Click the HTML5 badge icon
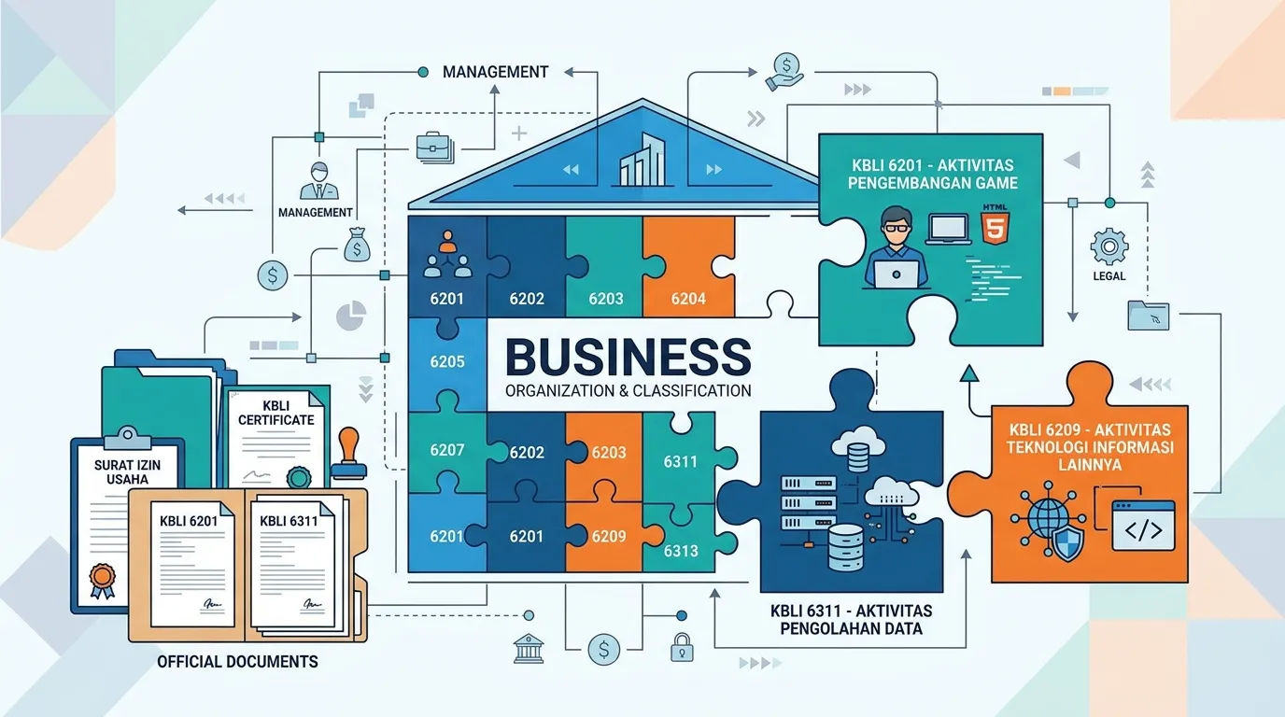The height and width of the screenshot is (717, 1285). (x=995, y=224)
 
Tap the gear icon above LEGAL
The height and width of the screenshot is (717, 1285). (x=1108, y=246)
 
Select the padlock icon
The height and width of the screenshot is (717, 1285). (x=682, y=647)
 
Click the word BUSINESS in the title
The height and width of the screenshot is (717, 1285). (x=628, y=357)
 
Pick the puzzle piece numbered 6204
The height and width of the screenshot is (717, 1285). (x=689, y=267)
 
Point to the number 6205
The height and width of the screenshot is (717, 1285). (x=447, y=361)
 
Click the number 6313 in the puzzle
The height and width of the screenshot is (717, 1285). (x=681, y=551)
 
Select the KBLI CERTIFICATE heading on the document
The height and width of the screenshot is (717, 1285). (x=275, y=413)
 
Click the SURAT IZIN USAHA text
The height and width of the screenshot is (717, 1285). (x=127, y=472)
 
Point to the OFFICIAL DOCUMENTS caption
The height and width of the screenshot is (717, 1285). (x=237, y=661)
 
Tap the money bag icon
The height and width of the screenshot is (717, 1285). (x=357, y=245)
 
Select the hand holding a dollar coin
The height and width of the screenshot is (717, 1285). (x=784, y=72)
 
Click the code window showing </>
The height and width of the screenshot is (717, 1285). (x=1143, y=526)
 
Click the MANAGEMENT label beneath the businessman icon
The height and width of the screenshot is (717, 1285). (x=315, y=212)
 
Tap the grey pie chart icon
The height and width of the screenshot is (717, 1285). (x=351, y=316)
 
